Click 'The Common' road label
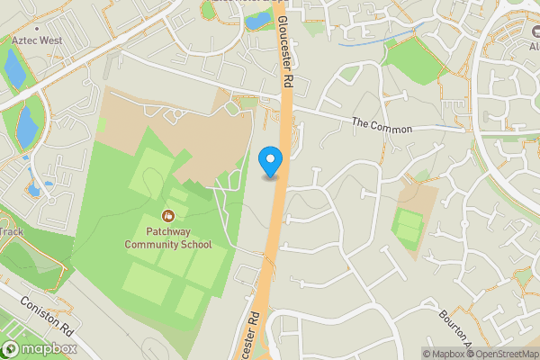coord(382,125)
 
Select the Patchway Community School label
coord(168,238)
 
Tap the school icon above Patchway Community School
coord(168,216)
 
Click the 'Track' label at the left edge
coord(11,232)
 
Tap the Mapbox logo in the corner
coord(38,349)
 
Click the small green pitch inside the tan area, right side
coord(409,226)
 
